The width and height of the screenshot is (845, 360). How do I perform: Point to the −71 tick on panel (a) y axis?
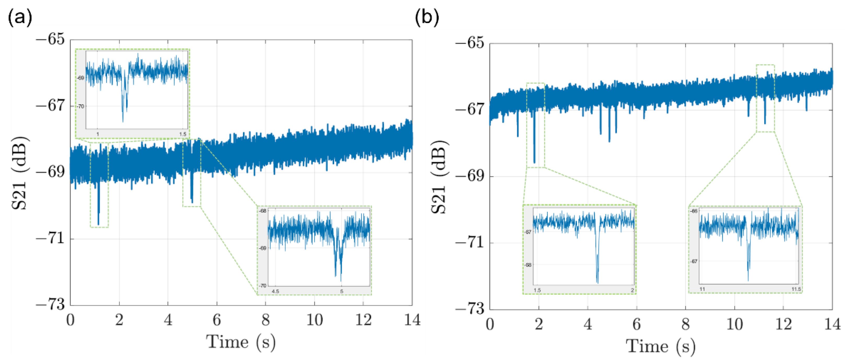click(x=50, y=238)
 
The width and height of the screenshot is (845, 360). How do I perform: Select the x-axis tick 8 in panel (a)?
click(x=265, y=320)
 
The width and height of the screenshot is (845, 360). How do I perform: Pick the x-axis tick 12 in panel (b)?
click(x=783, y=324)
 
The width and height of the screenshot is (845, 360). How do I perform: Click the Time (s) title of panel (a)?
click(x=241, y=342)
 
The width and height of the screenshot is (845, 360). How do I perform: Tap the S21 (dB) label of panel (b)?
click(x=439, y=177)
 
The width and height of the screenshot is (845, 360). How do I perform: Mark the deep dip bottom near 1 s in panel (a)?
click(x=99, y=224)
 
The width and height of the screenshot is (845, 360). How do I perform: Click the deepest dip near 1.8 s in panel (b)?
click(x=534, y=162)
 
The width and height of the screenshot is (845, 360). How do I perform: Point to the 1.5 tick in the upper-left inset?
click(x=183, y=134)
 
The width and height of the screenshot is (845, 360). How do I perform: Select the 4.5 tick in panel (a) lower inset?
click(x=275, y=291)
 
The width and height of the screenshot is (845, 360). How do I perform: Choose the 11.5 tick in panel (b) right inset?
click(x=796, y=289)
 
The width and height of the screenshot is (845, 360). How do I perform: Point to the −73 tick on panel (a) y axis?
click(x=50, y=305)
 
